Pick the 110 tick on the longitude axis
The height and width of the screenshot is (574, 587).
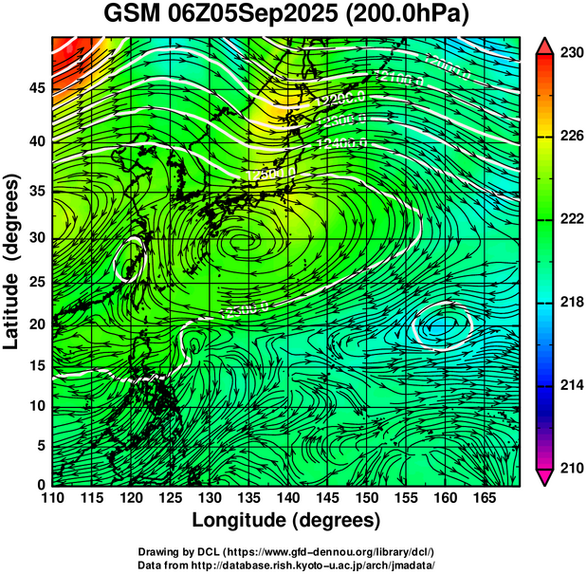(x=53, y=498)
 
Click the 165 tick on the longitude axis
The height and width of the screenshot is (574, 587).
(x=482, y=498)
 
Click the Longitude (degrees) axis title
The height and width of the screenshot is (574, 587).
(x=285, y=521)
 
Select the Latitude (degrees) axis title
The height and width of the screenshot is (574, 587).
(x=12, y=262)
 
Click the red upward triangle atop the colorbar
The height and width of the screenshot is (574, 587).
(x=544, y=46)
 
